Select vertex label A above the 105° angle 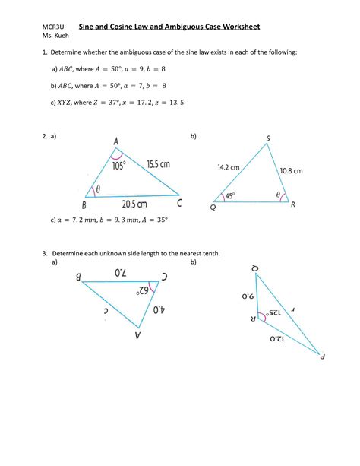tap(115, 142)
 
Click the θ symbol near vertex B tap(98, 189)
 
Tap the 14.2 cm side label tap(228, 166)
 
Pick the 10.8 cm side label tap(291, 171)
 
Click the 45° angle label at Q tap(229, 196)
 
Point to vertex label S tap(268, 138)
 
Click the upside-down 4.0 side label tap(158, 309)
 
